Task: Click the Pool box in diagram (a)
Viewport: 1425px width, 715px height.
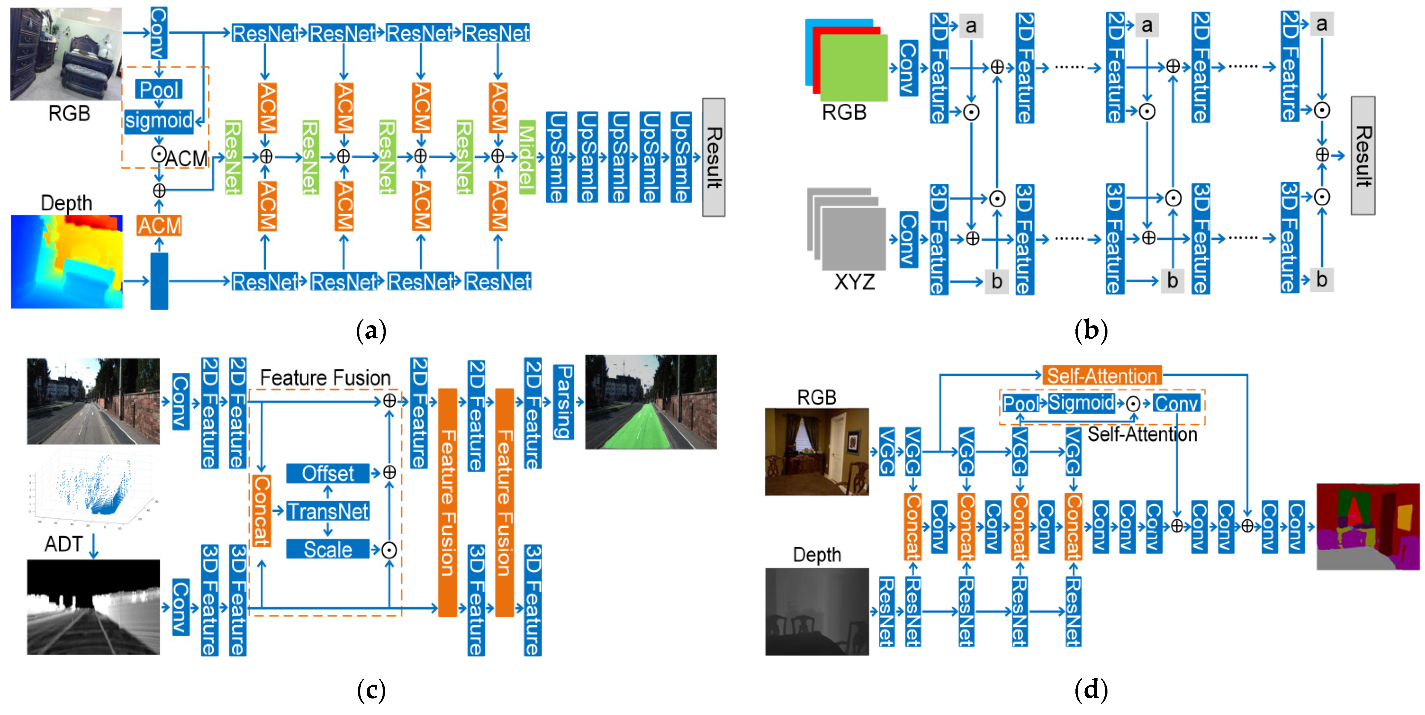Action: click(159, 89)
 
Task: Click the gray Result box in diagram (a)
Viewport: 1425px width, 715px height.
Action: click(714, 157)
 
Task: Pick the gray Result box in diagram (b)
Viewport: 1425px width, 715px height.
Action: click(1363, 155)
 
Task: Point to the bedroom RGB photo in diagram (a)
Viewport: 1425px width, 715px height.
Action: click(66, 54)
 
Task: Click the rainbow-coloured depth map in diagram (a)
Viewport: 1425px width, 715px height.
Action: click(66, 261)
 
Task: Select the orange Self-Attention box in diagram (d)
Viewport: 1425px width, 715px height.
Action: click(1102, 376)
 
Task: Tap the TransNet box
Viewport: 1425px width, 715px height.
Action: click(327, 511)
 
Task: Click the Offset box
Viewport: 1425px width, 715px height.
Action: click(327, 473)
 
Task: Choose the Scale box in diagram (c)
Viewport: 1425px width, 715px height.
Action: click(327, 549)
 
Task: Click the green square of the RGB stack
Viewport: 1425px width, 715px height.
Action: click(854, 68)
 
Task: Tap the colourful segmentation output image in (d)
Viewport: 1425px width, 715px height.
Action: click(1368, 526)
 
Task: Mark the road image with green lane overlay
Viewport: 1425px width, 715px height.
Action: click(651, 402)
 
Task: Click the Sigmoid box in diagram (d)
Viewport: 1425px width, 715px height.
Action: click(1081, 403)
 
